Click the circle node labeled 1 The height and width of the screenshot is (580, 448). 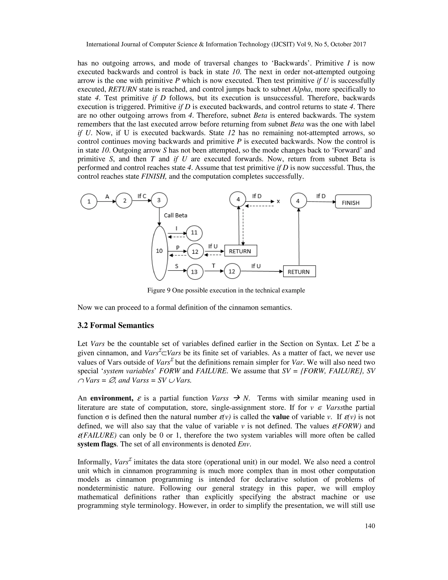click(89, 201)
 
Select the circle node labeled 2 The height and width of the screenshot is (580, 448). click(124, 200)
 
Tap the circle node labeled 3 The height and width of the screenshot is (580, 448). click(159, 200)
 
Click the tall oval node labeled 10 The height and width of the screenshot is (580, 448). click(159, 251)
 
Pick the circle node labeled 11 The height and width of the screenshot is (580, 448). click(194, 233)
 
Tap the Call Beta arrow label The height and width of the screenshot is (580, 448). click(175, 215)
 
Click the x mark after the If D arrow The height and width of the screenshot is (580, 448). click(278, 201)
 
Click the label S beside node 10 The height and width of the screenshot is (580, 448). click(177, 266)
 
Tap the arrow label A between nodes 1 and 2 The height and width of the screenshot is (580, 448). click(107, 197)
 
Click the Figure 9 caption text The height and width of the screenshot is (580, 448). click(226, 290)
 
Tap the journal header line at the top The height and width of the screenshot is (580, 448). click(226, 44)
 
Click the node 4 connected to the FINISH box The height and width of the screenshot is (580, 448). click(298, 201)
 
